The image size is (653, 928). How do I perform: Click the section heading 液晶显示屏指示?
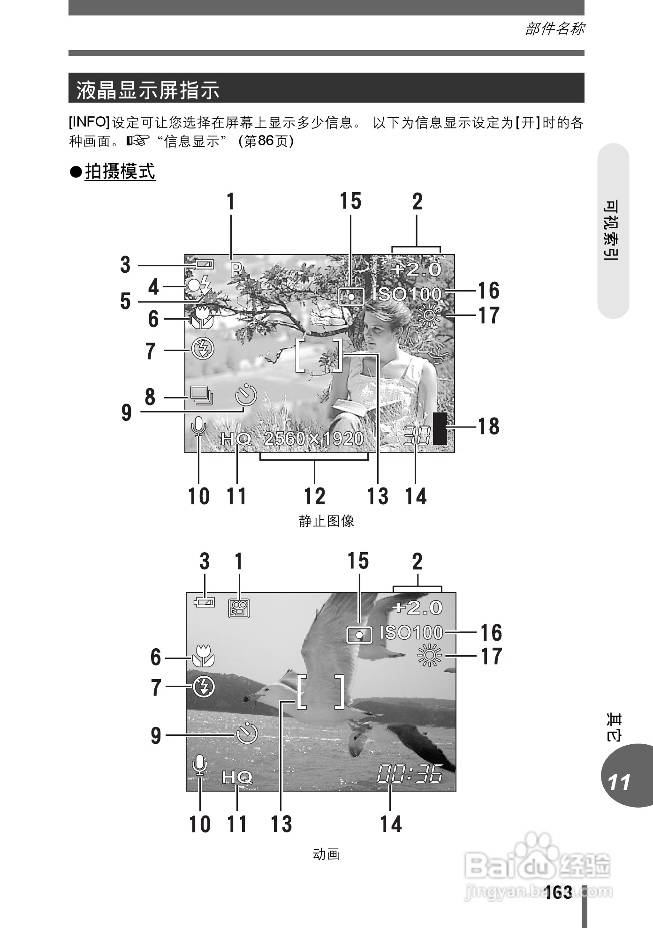148,90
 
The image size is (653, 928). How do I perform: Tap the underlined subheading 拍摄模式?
120,172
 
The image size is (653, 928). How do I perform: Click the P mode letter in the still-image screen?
236,269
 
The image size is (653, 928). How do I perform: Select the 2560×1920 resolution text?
313,439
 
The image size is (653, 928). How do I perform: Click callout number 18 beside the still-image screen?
488,427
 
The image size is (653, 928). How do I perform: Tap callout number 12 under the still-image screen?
314,496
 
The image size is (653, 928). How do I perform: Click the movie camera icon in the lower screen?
239,608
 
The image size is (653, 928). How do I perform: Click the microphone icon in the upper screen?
199,427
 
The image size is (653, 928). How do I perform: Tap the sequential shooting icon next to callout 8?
201,395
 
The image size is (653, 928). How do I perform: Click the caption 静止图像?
326,521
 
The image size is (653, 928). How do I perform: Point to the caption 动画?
326,854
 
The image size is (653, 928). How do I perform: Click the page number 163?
559,892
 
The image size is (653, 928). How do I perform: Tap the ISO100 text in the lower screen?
411,633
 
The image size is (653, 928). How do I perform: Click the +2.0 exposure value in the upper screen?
417,269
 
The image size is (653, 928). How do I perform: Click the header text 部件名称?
554,29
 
